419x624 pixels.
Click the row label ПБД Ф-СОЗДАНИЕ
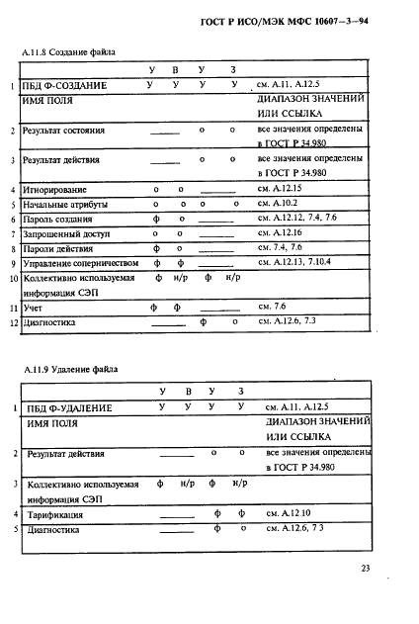tap(67, 87)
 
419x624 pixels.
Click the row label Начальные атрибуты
tap(65, 205)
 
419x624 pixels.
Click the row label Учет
tap(33, 308)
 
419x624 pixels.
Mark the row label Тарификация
tap(56, 515)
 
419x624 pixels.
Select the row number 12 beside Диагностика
tap(13, 322)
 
